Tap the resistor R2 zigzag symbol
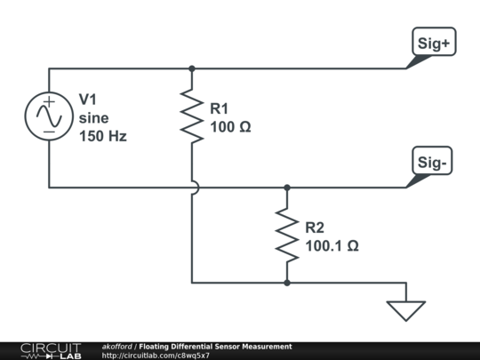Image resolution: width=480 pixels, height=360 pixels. click(x=287, y=235)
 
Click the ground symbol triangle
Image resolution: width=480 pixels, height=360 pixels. click(x=406, y=309)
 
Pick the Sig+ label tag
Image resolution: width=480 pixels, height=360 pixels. click(x=432, y=42)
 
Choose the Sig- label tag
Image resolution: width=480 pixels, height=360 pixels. click(x=432, y=162)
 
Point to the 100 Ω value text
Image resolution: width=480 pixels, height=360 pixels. click(x=230, y=127)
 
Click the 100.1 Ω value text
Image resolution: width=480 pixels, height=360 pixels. click(x=332, y=245)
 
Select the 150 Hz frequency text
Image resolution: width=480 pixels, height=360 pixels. click(x=103, y=136)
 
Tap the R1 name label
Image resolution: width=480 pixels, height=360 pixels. click(x=220, y=108)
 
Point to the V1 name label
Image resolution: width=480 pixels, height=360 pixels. click(x=88, y=99)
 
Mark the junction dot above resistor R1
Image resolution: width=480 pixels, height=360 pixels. click(x=192, y=68)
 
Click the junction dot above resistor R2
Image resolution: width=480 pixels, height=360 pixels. click(x=287, y=188)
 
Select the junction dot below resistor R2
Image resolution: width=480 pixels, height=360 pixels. click(x=287, y=283)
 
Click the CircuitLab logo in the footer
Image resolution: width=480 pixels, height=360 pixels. click(x=50, y=350)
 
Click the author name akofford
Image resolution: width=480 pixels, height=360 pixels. click(x=117, y=346)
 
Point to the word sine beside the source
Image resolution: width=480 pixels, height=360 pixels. click(x=92, y=117)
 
